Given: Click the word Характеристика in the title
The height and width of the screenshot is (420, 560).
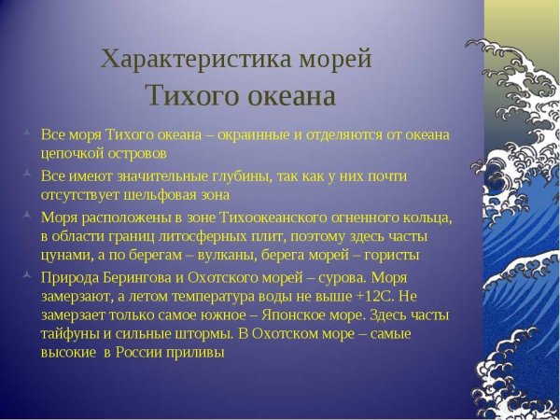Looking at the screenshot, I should click(175, 59).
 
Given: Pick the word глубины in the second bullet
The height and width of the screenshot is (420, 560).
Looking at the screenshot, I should click(228, 176).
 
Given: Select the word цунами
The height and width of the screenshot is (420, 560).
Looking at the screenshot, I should click(65, 254).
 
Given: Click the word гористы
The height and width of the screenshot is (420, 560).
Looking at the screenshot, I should click(389, 254).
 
